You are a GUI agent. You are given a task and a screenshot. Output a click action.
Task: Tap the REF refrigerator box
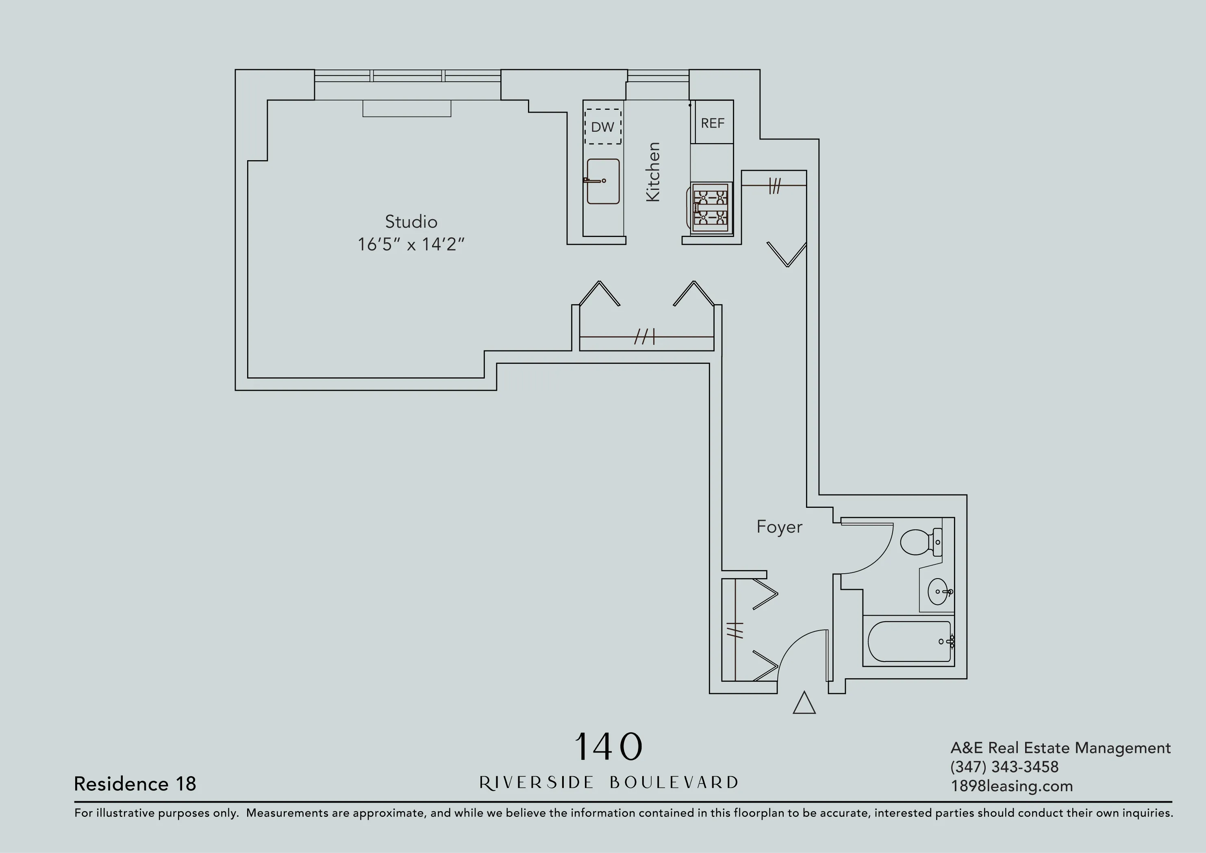[x=712, y=123]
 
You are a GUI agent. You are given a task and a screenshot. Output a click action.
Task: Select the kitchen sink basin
[x=604, y=182]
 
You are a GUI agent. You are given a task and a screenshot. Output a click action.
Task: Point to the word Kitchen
[x=652, y=172]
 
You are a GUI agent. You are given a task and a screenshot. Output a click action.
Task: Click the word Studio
[x=411, y=222]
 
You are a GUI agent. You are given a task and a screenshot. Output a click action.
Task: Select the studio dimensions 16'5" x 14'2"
[x=411, y=245]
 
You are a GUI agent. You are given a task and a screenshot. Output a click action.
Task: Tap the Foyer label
[x=779, y=527]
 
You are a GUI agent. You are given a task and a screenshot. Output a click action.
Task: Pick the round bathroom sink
[x=939, y=592]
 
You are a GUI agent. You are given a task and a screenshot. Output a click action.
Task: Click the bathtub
[x=909, y=641]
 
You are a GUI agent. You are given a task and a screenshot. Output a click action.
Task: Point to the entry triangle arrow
[x=804, y=703]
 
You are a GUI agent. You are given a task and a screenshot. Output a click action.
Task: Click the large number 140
[x=608, y=747]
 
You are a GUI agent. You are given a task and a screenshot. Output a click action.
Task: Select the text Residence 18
[x=135, y=783]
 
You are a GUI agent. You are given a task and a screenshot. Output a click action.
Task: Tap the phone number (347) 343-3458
[x=1004, y=767]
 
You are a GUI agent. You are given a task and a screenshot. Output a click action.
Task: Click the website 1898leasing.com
[x=1011, y=786]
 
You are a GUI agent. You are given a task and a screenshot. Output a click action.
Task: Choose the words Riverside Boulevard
[x=608, y=783]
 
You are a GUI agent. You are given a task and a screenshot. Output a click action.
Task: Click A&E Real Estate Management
[x=1060, y=748]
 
